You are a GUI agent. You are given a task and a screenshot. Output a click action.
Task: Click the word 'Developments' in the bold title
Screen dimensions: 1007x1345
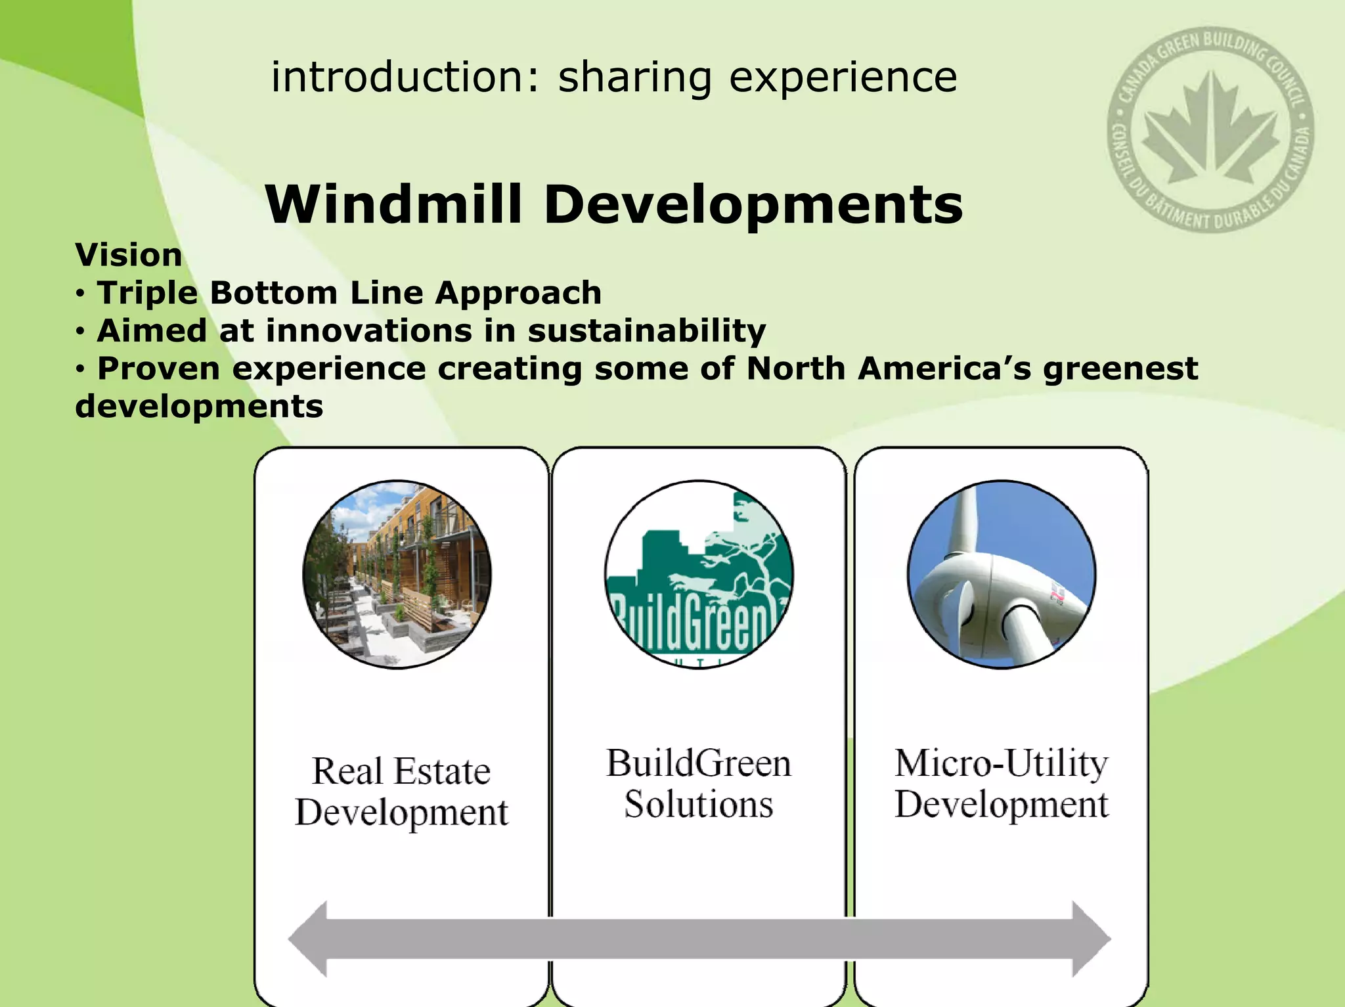click(x=753, y=206)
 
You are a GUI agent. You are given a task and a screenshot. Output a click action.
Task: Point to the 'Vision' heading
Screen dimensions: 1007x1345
click(x=129, y=255)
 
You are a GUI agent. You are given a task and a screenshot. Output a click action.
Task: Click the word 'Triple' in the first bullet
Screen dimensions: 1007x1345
click(x=147, y=293)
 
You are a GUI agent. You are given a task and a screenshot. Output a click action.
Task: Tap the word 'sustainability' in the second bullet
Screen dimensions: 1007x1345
click(x=646, y=330)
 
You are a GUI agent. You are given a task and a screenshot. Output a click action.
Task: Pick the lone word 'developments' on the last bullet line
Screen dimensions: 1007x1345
click(x=199, y=407)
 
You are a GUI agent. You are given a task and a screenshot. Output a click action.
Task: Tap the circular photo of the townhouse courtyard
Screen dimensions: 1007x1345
click(x=397, y=574)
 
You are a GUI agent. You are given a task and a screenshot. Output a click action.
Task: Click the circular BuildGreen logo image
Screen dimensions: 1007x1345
click(x=699, y=574)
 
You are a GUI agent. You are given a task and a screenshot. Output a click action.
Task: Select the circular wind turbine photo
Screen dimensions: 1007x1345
click(x=1001, y=574)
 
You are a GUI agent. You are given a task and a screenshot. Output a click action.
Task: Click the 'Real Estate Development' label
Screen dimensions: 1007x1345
click(x=401, y=792)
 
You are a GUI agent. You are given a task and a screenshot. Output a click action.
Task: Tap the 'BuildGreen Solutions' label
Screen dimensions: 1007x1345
click(x=699, y=784)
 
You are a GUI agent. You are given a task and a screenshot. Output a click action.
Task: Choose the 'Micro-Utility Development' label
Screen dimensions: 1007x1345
click(x=1001, y=784)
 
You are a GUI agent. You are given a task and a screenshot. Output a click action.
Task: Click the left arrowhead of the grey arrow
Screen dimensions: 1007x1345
click(x=309, y=939)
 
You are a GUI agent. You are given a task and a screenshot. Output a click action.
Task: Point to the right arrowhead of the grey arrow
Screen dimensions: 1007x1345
click(x=1090, y=939)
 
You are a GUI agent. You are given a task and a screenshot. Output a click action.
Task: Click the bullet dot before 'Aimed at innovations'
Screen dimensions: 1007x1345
click(x=79, y=332)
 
